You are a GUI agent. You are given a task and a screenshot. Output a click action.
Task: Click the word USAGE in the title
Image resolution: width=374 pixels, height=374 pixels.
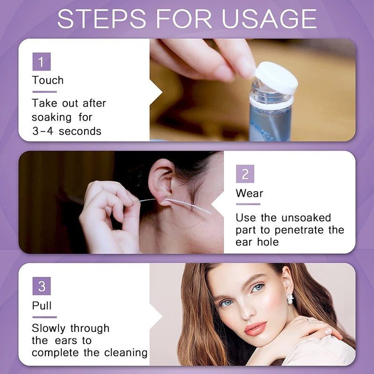(269, 19)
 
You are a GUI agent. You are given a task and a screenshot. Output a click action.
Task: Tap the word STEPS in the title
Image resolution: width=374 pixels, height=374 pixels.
(101, 19)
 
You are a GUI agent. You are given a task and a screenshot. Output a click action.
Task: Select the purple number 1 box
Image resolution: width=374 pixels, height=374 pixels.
(42, 62)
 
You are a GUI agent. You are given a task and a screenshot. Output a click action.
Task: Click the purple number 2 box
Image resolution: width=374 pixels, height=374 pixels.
(245, 173)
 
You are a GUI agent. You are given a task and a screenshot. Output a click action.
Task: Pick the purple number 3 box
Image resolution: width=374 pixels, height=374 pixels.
(42, 286)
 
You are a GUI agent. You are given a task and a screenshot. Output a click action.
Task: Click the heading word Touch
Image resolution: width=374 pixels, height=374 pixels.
(48, 80)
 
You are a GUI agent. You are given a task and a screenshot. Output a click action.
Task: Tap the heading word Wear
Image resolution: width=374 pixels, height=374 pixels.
(249, 193)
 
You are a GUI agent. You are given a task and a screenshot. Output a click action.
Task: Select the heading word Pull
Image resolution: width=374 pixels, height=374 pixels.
(42, 306)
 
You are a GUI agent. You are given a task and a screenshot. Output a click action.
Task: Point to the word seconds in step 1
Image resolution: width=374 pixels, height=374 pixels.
(80, 131)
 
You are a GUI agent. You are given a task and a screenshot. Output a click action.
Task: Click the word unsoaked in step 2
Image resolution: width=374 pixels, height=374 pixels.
(306, 217)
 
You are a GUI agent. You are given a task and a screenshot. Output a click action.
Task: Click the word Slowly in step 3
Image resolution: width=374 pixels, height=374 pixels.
(49, 329)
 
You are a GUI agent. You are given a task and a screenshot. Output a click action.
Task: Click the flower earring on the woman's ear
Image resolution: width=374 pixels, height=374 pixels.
(290, 299)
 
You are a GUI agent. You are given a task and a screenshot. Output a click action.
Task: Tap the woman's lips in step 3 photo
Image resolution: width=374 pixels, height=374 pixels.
(255, 328)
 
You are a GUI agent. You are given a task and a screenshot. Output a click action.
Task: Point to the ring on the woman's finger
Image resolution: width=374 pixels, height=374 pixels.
(309, 320)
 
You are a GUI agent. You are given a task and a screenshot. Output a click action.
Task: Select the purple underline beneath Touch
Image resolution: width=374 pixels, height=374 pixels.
(44, 92)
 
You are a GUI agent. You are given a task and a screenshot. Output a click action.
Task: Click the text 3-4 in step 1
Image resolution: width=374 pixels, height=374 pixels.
(43, 131)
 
